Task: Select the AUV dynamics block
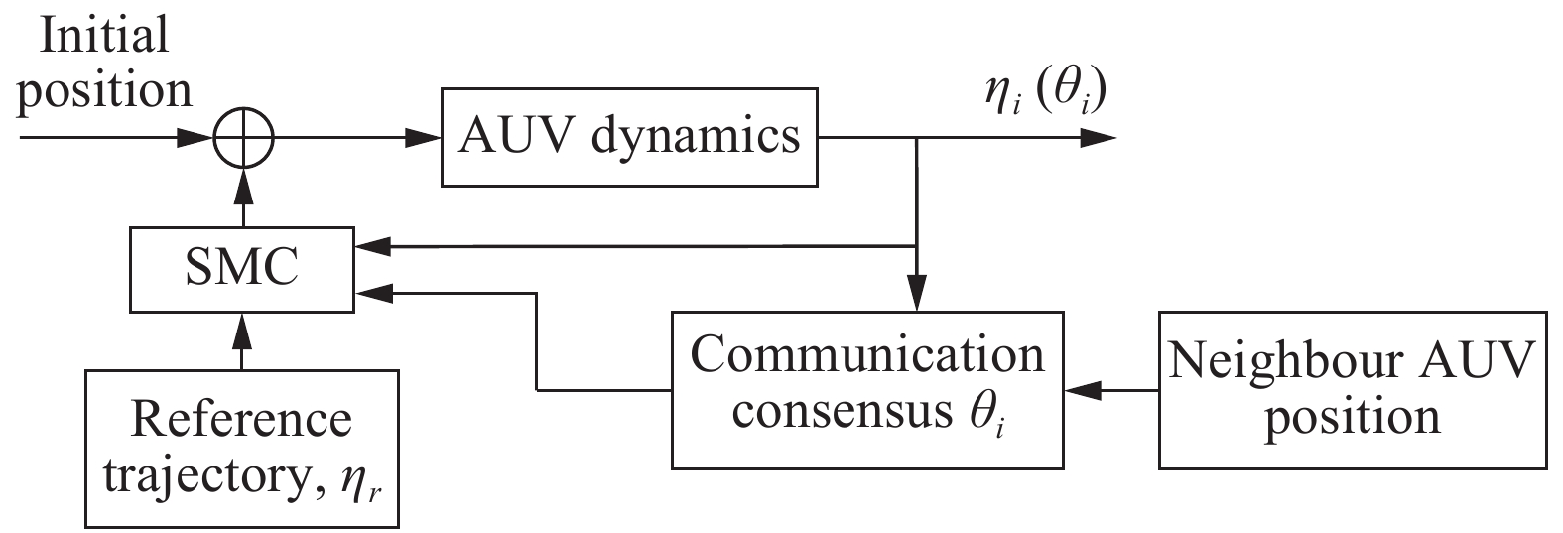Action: (628, 137)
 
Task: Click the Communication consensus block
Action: (867, 389)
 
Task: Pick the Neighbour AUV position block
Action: (1352, 389)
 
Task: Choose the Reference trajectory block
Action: (242, 448)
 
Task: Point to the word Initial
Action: (102, 37)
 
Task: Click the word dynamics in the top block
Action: (695, 137)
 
